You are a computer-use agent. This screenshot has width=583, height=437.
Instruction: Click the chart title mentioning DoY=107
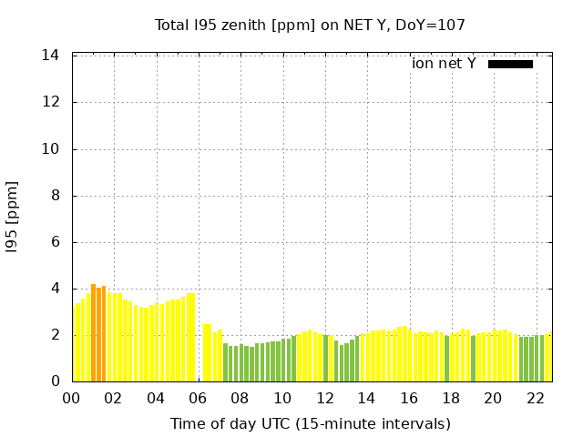pos(310,25)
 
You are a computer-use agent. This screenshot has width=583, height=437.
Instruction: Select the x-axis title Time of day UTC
pos(310,423)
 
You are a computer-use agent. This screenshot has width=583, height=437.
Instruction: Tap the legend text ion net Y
pos(444,64)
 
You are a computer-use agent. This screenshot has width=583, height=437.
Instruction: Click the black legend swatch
pos(510,64)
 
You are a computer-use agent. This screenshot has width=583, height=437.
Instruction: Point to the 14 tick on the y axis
pos(52,56)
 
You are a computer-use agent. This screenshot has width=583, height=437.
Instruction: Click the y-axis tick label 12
pos(52,102)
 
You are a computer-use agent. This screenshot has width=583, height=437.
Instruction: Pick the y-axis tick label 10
pos(52,148)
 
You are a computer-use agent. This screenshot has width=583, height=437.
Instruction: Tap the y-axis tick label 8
pos(56,195)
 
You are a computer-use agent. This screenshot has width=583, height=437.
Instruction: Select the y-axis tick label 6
pos(56,242)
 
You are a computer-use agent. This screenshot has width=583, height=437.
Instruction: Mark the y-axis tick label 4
pos(56,289)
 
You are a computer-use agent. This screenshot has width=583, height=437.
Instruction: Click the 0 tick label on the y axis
pos(56,381)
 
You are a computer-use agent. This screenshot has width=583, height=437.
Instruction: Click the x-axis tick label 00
pos(71,398)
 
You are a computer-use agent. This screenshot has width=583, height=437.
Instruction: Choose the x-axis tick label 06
pos(198,398)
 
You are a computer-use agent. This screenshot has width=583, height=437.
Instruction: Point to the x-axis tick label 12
pos(324,398)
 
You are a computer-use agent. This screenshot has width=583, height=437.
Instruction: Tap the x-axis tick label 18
pos(451,398)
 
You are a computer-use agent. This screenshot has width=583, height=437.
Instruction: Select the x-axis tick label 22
pos(535,398)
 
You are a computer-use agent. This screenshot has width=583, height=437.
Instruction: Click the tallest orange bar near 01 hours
pos(93,332)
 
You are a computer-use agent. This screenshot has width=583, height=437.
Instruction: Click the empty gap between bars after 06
pos(199,355)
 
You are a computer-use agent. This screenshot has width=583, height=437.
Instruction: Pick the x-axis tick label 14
pos(366,398)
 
